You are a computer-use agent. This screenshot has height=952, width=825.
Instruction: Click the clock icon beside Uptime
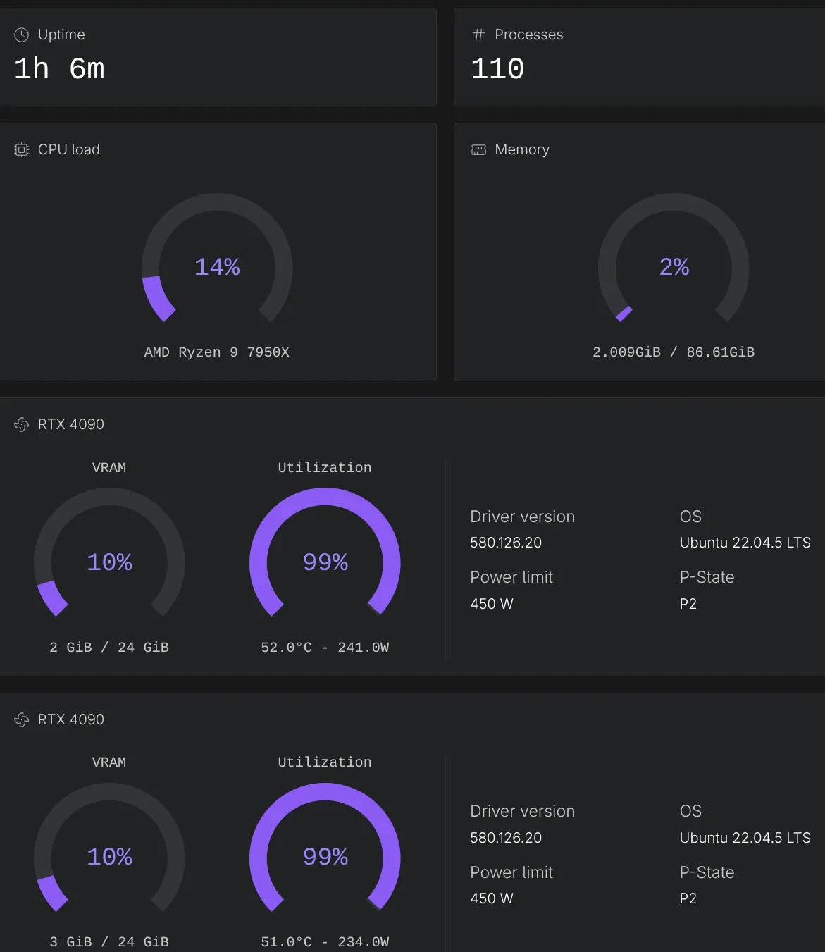click(22, 35)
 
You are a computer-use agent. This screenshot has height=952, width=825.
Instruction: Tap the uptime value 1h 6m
click(59, 69)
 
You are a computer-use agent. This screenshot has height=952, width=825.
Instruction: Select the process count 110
click(497, 69)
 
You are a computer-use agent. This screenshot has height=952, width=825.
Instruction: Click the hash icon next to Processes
click(478, 35)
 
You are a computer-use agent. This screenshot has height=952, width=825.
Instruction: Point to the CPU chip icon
click(22, 149)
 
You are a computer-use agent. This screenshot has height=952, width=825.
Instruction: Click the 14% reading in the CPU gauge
click(217, 267)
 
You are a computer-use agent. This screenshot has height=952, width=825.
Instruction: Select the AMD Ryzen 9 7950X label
click(217, 352)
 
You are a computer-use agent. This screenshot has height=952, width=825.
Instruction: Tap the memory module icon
click(478, 149)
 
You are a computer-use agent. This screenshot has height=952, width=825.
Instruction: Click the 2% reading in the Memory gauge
click(674, 267)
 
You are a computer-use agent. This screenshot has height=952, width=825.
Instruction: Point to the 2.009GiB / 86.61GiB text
click(674, 352)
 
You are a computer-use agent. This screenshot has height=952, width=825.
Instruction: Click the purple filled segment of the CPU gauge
click(158, 299)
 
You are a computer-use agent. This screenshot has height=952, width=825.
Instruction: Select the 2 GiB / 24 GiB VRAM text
click(109, 647)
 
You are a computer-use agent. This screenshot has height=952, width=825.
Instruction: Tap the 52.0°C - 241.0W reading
click(325, 647)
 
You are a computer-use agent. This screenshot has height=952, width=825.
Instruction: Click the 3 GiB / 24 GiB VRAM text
click(109, 941)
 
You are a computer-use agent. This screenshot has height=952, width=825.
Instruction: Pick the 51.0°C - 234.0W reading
click(325, 941)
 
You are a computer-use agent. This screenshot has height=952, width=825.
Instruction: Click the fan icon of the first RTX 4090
click(22, 424)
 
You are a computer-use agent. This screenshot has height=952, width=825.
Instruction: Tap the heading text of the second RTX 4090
click(71, 719)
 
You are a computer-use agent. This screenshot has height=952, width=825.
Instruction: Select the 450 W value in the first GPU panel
click(492, 604)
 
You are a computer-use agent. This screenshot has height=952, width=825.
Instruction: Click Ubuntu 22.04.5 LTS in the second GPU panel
click(745, 838)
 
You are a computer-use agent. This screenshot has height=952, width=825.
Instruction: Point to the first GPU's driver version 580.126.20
click(506, 543)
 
